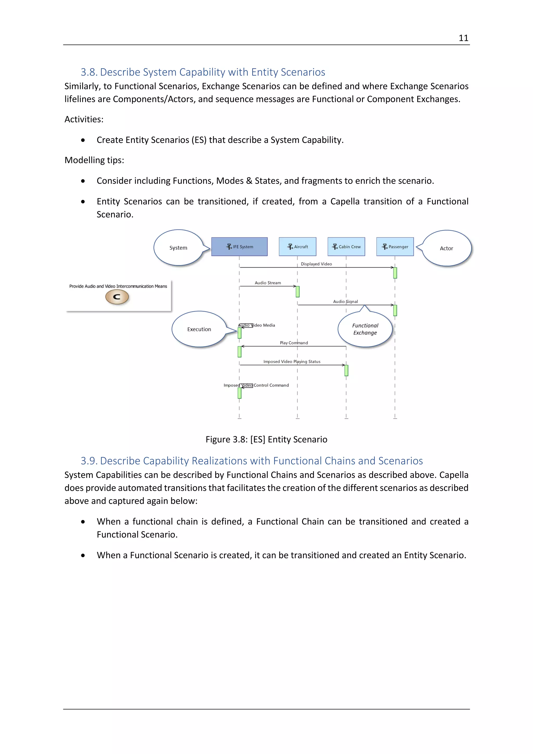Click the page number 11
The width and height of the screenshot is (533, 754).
coord(463,38)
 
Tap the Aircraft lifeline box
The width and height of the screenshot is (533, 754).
coord(297,247)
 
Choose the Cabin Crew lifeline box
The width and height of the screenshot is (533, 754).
coord(346,247)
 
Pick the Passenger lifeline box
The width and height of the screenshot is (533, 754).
coord(395,247)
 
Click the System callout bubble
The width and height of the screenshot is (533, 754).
coord(178,248)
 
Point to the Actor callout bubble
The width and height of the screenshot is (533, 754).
coord(446,249)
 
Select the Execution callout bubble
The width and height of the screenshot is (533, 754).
coord(199,329)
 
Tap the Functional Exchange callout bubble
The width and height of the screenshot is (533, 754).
coord(365,329)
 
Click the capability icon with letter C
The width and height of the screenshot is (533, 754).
coord(117,297)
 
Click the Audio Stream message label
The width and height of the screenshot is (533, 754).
coord(268,283)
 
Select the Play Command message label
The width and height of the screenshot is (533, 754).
coord(294,343)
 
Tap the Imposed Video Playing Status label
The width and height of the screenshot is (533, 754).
coord(292,362)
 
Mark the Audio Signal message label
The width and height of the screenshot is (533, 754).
coord(345,301)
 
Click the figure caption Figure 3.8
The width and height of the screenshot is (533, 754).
coord(266,439)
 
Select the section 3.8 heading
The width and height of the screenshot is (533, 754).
coord(203,72)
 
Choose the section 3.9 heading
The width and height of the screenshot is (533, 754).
coord(252,461)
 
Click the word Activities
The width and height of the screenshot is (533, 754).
coord(84,120)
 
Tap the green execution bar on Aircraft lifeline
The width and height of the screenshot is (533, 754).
coord(298,292)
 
